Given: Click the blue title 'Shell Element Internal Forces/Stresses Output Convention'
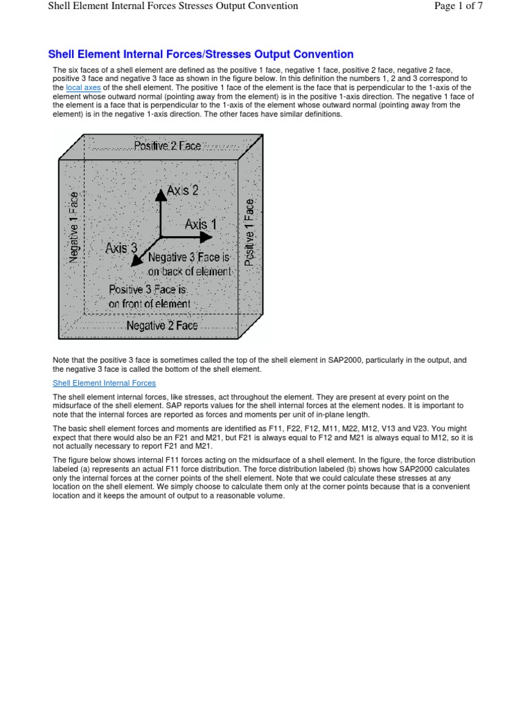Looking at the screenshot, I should pyautogui.click(x=200, y=54).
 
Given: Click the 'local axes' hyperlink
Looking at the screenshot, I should pyautogui.click(x=83, y=88).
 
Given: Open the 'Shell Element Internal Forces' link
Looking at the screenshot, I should pyautogui.click(x=105, y=383).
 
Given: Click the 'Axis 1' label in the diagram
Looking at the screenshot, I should pyautogui.click(x=200, y=224).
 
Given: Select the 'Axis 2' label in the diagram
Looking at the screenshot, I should pyautogui.click(x=182, y=190).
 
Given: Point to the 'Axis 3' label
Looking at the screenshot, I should pyautogui.click(x=121, y=247).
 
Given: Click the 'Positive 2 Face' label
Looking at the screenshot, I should pyautogui.click(x=167, y=147).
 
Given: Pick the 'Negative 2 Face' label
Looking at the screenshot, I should pyautogui.click(x=161, y=325).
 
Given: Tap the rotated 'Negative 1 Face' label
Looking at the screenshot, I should pyautogui.click(x=73, y=228).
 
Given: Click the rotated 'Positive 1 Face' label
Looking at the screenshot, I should pyautogui.click(x=249, y=232).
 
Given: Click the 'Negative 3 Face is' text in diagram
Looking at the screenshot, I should pyautogui.click(x=189, y=257).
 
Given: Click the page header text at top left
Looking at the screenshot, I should pyautogui.click(x=172, y=6).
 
